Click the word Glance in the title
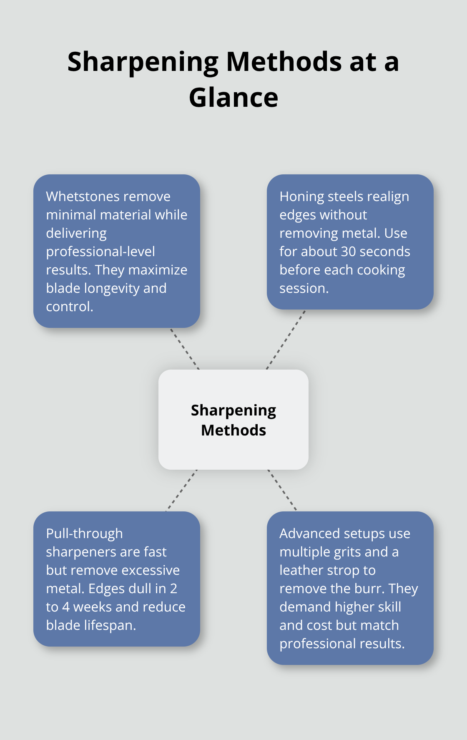click(x=233, y=98)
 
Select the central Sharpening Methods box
click(x=233, y=420)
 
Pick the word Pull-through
click(x=84, y=534)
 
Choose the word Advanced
click(x=309, y=534)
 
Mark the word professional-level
click(x=100, y=252)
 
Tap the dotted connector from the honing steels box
click(x=286, y=340)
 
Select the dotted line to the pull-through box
click(x=181, y=491)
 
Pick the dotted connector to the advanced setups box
click(x=282, y=490)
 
